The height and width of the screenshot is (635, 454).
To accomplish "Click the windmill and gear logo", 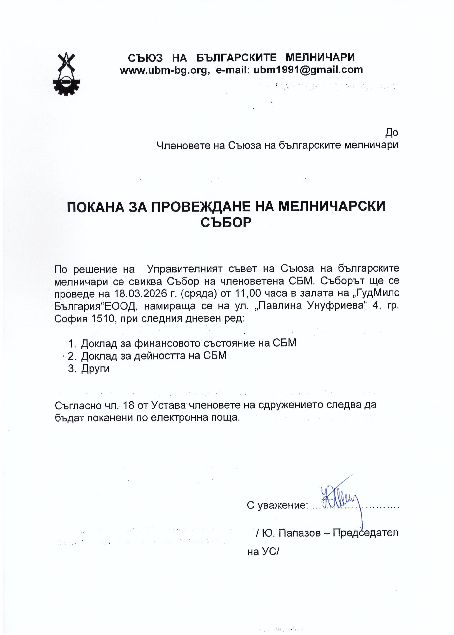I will coord(66,74).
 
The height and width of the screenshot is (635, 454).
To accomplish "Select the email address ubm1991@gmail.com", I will coord(308,70).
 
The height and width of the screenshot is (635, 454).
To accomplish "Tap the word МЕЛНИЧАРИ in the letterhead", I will coord(320,58).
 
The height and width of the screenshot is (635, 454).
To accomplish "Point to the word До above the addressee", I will coord(391,132).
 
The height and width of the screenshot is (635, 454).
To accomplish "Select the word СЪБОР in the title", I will coord(226,222).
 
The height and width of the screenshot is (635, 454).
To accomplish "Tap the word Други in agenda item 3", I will coord(95,369).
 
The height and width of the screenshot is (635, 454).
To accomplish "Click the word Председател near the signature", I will coord(366,533).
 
